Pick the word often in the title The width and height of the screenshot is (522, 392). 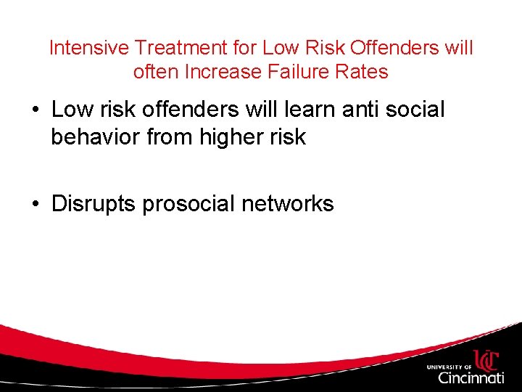(150, 72)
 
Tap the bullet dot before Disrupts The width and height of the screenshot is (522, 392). (35, 205)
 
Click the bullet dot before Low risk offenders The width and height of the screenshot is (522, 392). (35, 110)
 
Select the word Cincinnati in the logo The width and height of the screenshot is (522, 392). (471, 377)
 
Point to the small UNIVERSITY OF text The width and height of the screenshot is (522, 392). (449, 367)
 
